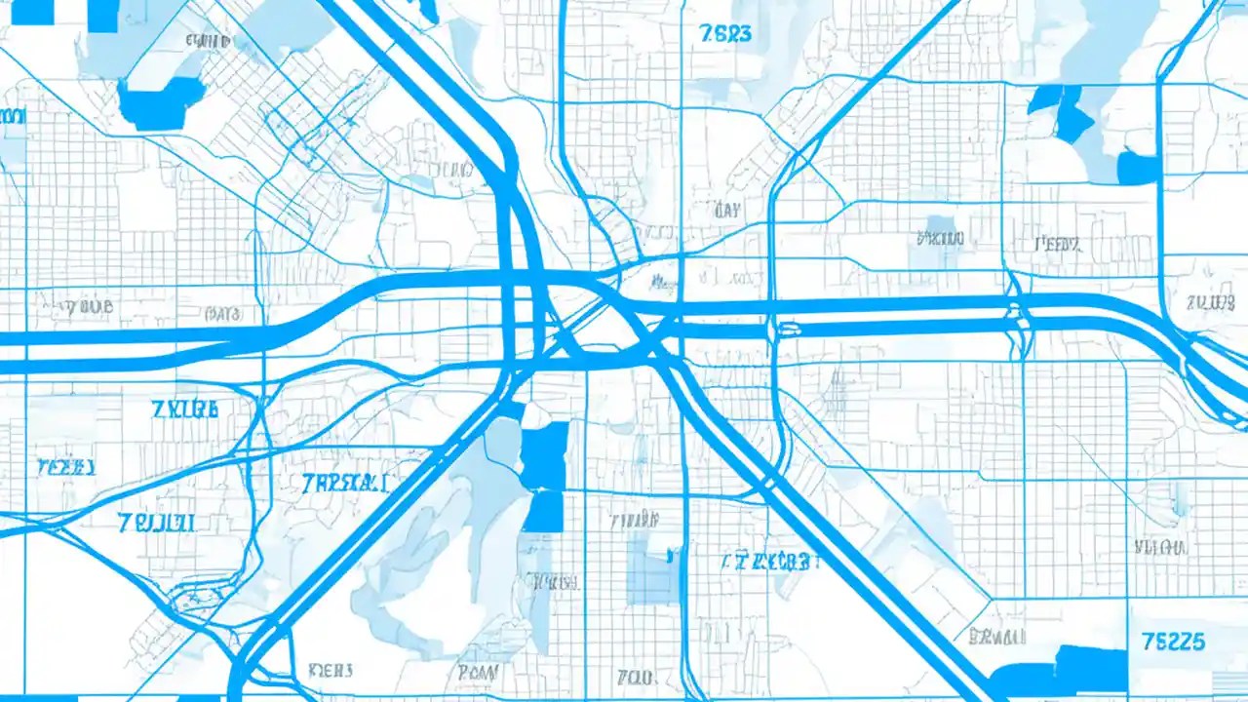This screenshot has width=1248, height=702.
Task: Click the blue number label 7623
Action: [725, 33]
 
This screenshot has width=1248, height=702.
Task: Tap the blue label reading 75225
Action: [1171, 643]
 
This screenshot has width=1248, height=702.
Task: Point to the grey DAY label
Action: [726, 210]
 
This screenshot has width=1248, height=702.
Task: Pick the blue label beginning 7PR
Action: [345, 483]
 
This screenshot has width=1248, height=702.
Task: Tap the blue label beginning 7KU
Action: [185, 409]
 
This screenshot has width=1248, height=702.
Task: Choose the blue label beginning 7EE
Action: [65, 466]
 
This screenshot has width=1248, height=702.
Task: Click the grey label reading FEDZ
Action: [1057, 244]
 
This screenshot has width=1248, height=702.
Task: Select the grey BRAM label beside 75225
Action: [997, 638]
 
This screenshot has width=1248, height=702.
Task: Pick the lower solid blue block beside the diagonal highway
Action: [544, 511]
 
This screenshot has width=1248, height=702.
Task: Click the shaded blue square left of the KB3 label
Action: [653, 565]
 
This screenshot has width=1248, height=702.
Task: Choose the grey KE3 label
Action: [331, 671]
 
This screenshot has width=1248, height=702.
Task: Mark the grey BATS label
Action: [223, 314]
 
